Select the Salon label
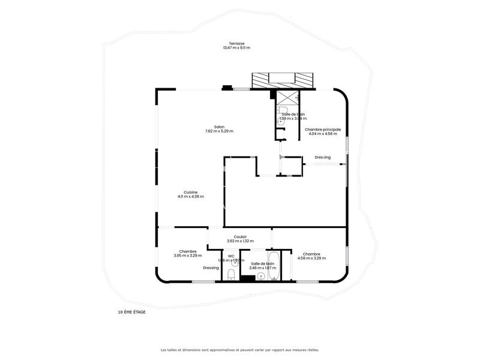pyautogui.click(x=219, y=127)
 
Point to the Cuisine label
pyautogui.click(x=190, y=192)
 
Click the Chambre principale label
pyautogui.click(x=323, y=129)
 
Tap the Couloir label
pyautogui.click(x=241, y=236)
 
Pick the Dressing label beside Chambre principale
pyautogui.click(x=323, y=158)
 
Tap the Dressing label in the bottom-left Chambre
pyautogui.click(x=211, y=268)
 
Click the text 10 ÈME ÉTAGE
pyautogui.click(x=131, y=312)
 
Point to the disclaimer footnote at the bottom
pyautogui.click(x=239, y=350)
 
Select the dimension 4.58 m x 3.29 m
pyautogui.click(x=311, y=259)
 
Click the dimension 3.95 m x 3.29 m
pyautogui.click(x=188, y=256)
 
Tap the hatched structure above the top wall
pyautogui.click(x=283, y=80)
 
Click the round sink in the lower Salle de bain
pyautogui.click(x=260, y=276)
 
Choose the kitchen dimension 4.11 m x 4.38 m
pyautogui.click(x=190, y=197)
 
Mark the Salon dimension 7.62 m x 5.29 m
pyautogui.click(x=219, y=131)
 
